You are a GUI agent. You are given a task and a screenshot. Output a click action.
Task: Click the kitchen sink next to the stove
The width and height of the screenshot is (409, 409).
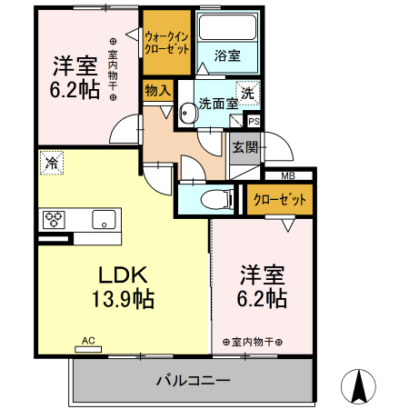click(x=103, y=219)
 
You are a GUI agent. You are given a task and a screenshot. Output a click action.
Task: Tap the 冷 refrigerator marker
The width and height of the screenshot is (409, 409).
click(x=51, y=164)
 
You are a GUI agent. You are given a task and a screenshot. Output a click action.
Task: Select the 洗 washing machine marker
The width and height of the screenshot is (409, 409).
click(x=247, y=92)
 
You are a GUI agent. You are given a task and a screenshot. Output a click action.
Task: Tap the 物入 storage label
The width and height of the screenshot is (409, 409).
click(x=157, y=90)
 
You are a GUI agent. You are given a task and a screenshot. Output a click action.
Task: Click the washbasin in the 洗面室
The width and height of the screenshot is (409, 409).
click(x=187, y=113)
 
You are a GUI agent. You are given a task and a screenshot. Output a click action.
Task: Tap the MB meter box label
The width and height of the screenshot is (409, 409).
click(x=287, y=175)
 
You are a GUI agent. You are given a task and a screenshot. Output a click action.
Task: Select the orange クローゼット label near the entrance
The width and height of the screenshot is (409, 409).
click(x=279, y=199)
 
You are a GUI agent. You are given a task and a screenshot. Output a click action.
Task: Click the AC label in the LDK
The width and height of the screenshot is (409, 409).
click(x=88, y=341)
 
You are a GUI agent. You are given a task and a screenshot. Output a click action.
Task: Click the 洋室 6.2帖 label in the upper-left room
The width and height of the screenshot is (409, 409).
click(x=75, y=78)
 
